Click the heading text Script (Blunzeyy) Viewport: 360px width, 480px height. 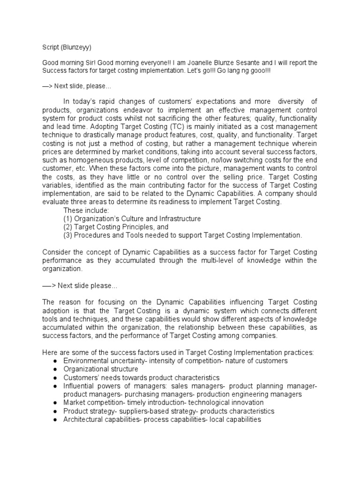[67, 47]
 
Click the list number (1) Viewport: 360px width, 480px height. [68, 218]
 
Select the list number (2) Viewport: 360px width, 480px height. [68, 227]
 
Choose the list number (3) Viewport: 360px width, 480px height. [68, 235]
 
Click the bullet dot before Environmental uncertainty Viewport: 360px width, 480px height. [55, 361]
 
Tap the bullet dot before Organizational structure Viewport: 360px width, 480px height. [55, 369]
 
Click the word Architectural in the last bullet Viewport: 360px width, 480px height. [82, 420]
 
